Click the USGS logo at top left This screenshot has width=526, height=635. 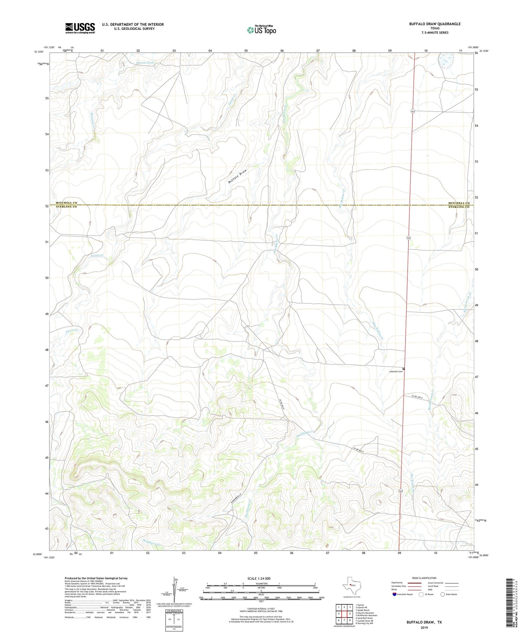pyautogui.click(x=80, y=28)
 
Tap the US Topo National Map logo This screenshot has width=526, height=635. pyautogui.click(x=261, y=30)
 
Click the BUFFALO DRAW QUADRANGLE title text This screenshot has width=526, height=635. pyautogui.click(x=435, y=24)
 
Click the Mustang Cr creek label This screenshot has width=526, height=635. pyautogui.click(x=93, y=119)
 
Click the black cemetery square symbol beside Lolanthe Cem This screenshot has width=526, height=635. pyautogui.click(x=404, y=369)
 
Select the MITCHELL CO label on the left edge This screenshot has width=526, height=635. pyautogui.click(x=66, y=203)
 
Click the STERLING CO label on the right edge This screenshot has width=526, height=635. pyautogui.click(x=459, y=207)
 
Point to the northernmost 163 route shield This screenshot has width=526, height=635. pyautogui.click(x=413, y=111)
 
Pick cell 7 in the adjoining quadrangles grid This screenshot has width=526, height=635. pyautogui.click(x=344, y=620)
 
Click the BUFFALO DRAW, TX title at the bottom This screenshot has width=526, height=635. pyautogui.click(x=424, y=622)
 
